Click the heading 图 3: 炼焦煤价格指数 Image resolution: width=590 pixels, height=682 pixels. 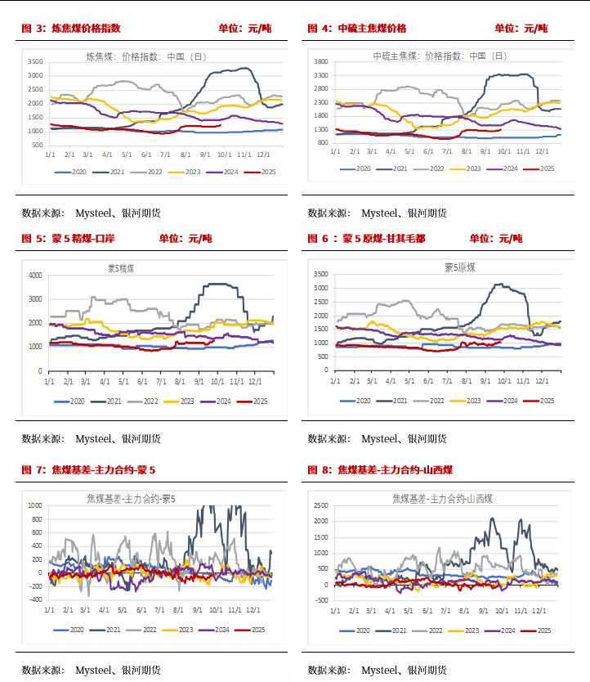(71, 28)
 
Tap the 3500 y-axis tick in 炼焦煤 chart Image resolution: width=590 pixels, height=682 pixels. (34, 61)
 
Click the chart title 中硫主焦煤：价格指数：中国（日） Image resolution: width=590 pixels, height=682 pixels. (440, 56)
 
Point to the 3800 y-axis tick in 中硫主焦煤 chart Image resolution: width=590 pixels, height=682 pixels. (320, 61)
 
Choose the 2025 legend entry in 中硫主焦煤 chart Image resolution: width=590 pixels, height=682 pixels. (542, 168)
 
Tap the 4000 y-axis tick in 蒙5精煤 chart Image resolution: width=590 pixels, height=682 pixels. (34, 276)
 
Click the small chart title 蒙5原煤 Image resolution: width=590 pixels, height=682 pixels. (460, 267)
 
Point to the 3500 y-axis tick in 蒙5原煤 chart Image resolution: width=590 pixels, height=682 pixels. (320, 275)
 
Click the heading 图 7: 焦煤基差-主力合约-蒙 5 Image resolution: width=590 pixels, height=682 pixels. (88, 470)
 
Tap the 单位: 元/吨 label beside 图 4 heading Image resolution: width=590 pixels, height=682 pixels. (521, 28)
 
